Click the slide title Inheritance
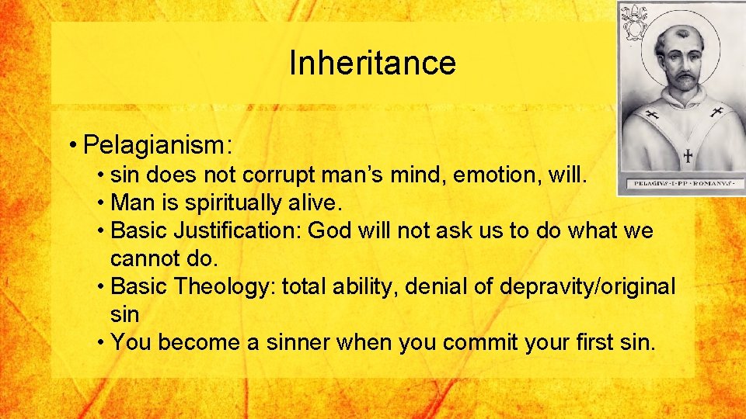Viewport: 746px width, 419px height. pyautogui.click(x=372, y=63)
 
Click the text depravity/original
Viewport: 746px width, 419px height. pyautogui.click(x=587, y=286)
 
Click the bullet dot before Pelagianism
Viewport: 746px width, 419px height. pyautogui.click(x=72, y=145)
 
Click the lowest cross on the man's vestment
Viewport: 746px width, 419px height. pyautogui.click(x=687, y=155)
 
